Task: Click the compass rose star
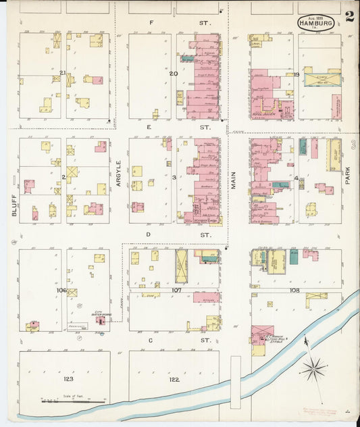pyautogui.click(x=313, y=369)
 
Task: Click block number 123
pyautogui.click(x=64, y=380)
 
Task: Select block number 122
pyautogui.click(x=174, y=380)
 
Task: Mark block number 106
pyautogui.click(x=62, y=290)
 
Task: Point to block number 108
pyautogui.click(x=294, y=290)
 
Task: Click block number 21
pyautogui.click(x=62, y=73)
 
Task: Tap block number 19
pyautogui.click(x=296, y=74)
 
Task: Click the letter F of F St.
pyautogui.click(x=151, y=23)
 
